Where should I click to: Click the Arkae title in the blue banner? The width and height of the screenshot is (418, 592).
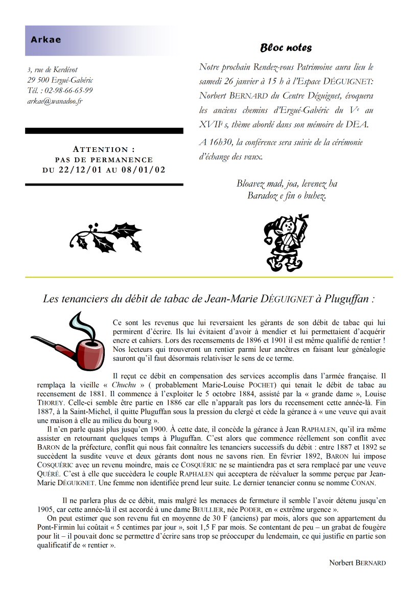pyautogui.click(x=45, y=40)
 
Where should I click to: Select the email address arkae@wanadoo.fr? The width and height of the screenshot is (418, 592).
pyautogui.click(x=55, y=101)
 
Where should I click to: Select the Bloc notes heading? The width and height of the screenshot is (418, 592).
pyautogui.click(x=286, y=48)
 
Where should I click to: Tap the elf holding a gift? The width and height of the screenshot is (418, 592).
pyautogui.click(x=286, y=242)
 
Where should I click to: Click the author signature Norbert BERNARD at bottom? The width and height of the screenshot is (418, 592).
pyautogui.click(x=357, y=563)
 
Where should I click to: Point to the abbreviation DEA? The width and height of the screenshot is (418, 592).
pyautogui.click(x=356, y=124)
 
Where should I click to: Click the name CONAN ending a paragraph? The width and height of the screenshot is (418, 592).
pyautogui.click(x=363, y=483)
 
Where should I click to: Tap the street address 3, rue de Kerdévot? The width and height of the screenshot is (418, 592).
pyautogui.click(x=53, y=70)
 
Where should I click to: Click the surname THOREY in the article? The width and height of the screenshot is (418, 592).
pyautogui.click(x=50, y=402)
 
